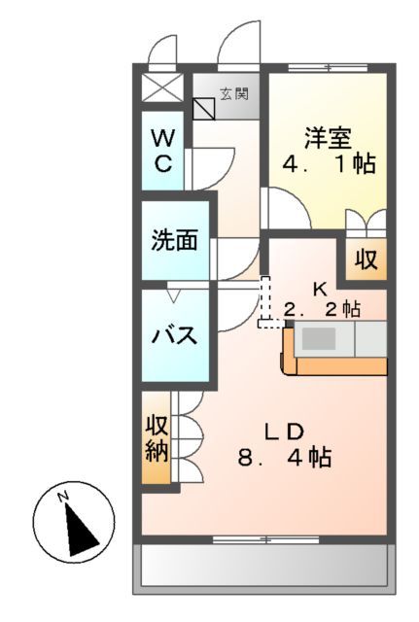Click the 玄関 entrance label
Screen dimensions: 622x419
[x=233, y=94]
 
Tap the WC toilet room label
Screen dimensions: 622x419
[x=163, y=150]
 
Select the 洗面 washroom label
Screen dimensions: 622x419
[x=175, y=240]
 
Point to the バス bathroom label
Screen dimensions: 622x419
[x=175, y=336]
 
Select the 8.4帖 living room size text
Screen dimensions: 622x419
[x=286, y=456]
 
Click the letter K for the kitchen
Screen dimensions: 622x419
[x=320, y=289]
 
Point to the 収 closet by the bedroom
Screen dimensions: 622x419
[x=365, y=259]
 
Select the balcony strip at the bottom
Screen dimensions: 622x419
[x=264, y=566]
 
